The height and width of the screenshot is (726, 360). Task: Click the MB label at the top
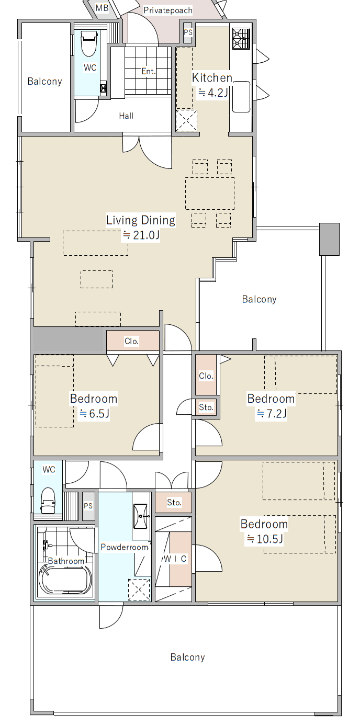click(102, 8)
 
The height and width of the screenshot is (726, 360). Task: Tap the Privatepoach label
click(168, 10)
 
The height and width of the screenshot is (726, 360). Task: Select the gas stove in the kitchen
click(241, 39)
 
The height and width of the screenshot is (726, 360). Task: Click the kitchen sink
click(241, 97)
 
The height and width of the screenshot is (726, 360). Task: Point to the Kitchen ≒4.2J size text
click(213, 93)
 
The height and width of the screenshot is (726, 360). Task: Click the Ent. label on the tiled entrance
click(149, 71)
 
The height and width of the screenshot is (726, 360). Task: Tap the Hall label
click(126, 116)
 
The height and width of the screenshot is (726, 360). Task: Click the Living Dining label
click(141, 220)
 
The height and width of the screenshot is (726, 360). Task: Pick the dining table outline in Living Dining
click(210, 193)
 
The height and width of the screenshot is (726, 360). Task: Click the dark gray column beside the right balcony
click(329, 239)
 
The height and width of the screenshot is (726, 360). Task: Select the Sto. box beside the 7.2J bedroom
click(206, 407)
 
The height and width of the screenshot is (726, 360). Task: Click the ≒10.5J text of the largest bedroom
click(265, 539)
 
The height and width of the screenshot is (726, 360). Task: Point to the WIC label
click(175, 559)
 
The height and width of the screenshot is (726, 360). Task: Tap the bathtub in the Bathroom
click(65, 579)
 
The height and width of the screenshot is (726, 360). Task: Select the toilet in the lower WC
click(49, 501)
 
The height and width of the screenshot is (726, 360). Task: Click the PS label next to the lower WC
click(88, 506)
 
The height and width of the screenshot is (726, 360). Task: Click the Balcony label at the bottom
click(188, 657)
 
